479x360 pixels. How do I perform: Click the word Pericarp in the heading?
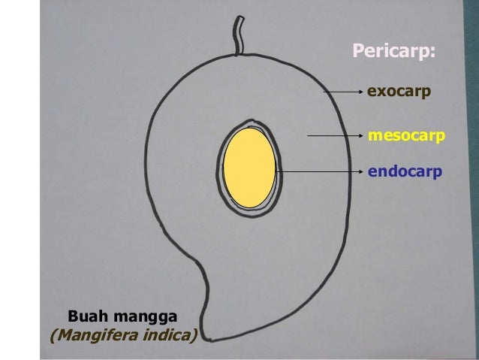point(391,52)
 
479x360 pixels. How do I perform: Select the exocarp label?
point(398,92)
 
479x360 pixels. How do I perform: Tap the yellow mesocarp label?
point(406,136)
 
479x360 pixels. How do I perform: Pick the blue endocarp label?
point(405,172)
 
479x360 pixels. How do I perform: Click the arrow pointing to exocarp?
point(342,92)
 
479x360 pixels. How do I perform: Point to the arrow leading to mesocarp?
point(335,137)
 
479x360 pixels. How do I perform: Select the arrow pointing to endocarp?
point(319,172)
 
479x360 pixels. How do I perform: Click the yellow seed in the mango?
point(249,169)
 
